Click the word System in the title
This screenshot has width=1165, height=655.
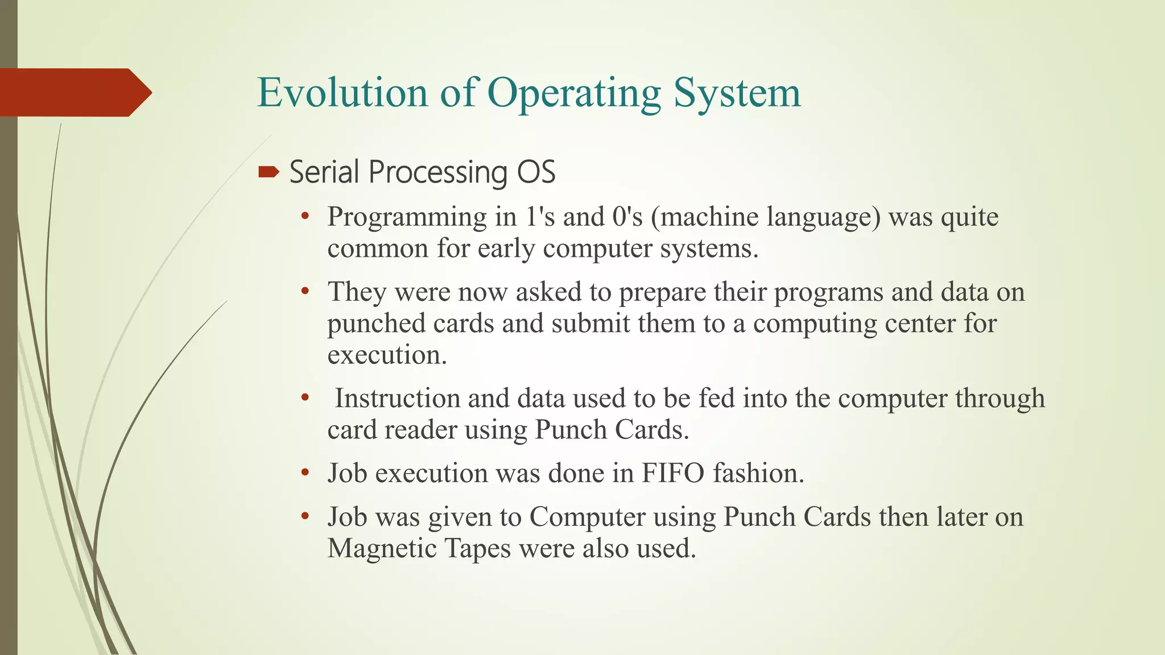pos(737,93)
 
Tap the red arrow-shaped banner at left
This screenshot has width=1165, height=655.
pos(74,93)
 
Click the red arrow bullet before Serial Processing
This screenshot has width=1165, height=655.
pos(268,172)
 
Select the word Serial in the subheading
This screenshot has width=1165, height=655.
pos(324,172)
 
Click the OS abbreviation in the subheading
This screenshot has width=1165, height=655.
pos(536,172)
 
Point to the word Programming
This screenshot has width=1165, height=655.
pos(406,218)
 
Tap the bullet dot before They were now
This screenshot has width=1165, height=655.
pos(305,292)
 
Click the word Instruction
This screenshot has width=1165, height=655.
pos(397,399)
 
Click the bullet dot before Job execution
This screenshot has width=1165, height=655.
pos(305,472)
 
